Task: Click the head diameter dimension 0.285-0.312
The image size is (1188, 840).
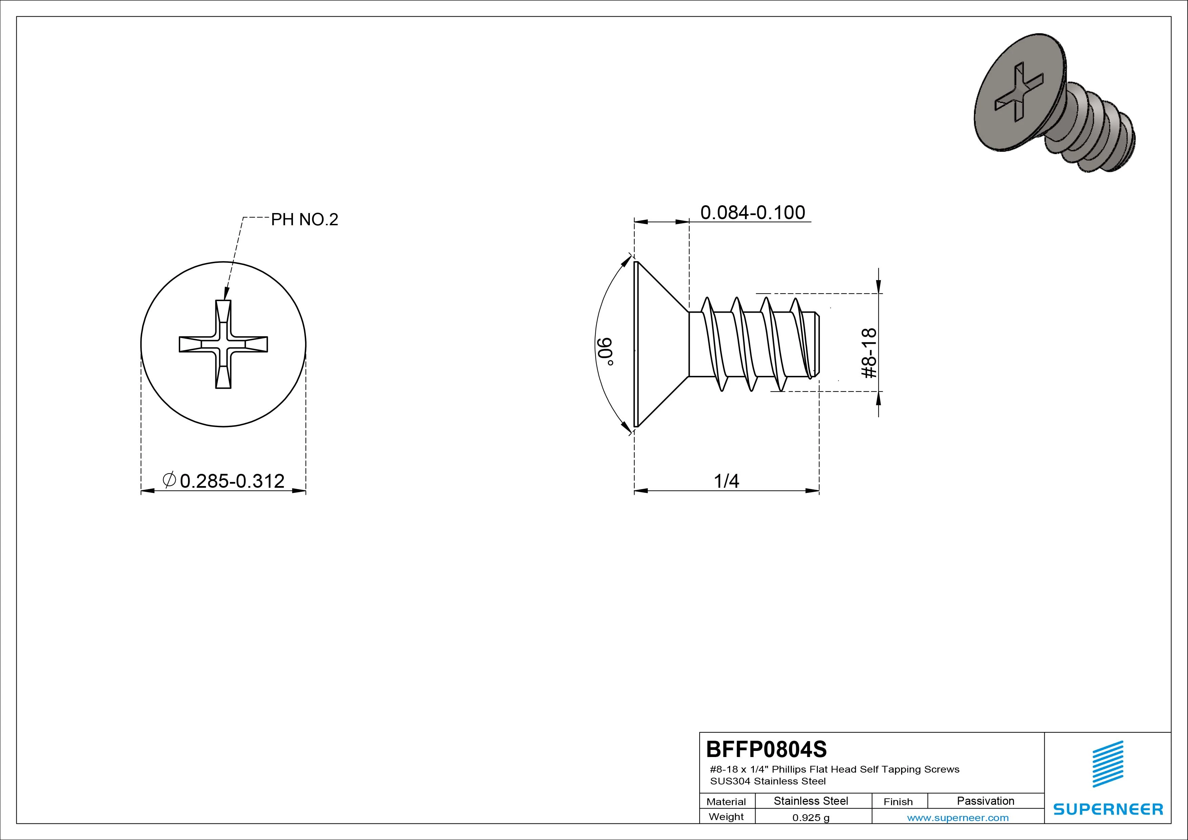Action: point(232,481)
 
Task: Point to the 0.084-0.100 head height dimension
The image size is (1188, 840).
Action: point(752,212)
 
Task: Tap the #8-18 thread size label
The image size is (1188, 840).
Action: point(870,353)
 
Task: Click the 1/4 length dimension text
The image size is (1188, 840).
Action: point(726,481)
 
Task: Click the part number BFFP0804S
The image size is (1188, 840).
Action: point(766,749)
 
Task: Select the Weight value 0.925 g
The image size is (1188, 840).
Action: point(811,818)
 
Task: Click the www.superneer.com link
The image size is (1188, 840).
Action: point(958,818)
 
